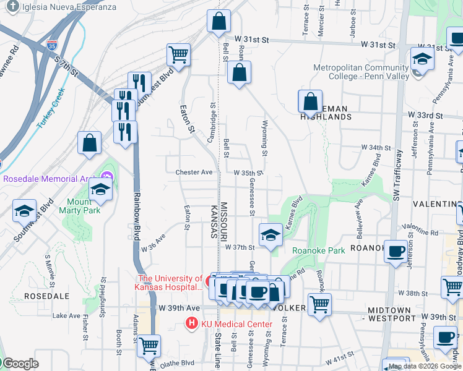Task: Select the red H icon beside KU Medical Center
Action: tap(192, 323)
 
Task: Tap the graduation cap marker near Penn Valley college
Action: tap(422, 59)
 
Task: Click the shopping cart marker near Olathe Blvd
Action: tap(149, 346)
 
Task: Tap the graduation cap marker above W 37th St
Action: tap(270, 235)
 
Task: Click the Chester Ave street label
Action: tap(194, 173)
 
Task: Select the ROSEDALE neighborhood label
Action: tap(42, 296)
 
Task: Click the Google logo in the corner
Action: tap(20, 364)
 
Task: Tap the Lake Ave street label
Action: tap(66, 315)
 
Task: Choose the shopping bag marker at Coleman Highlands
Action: tap(311, 102)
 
